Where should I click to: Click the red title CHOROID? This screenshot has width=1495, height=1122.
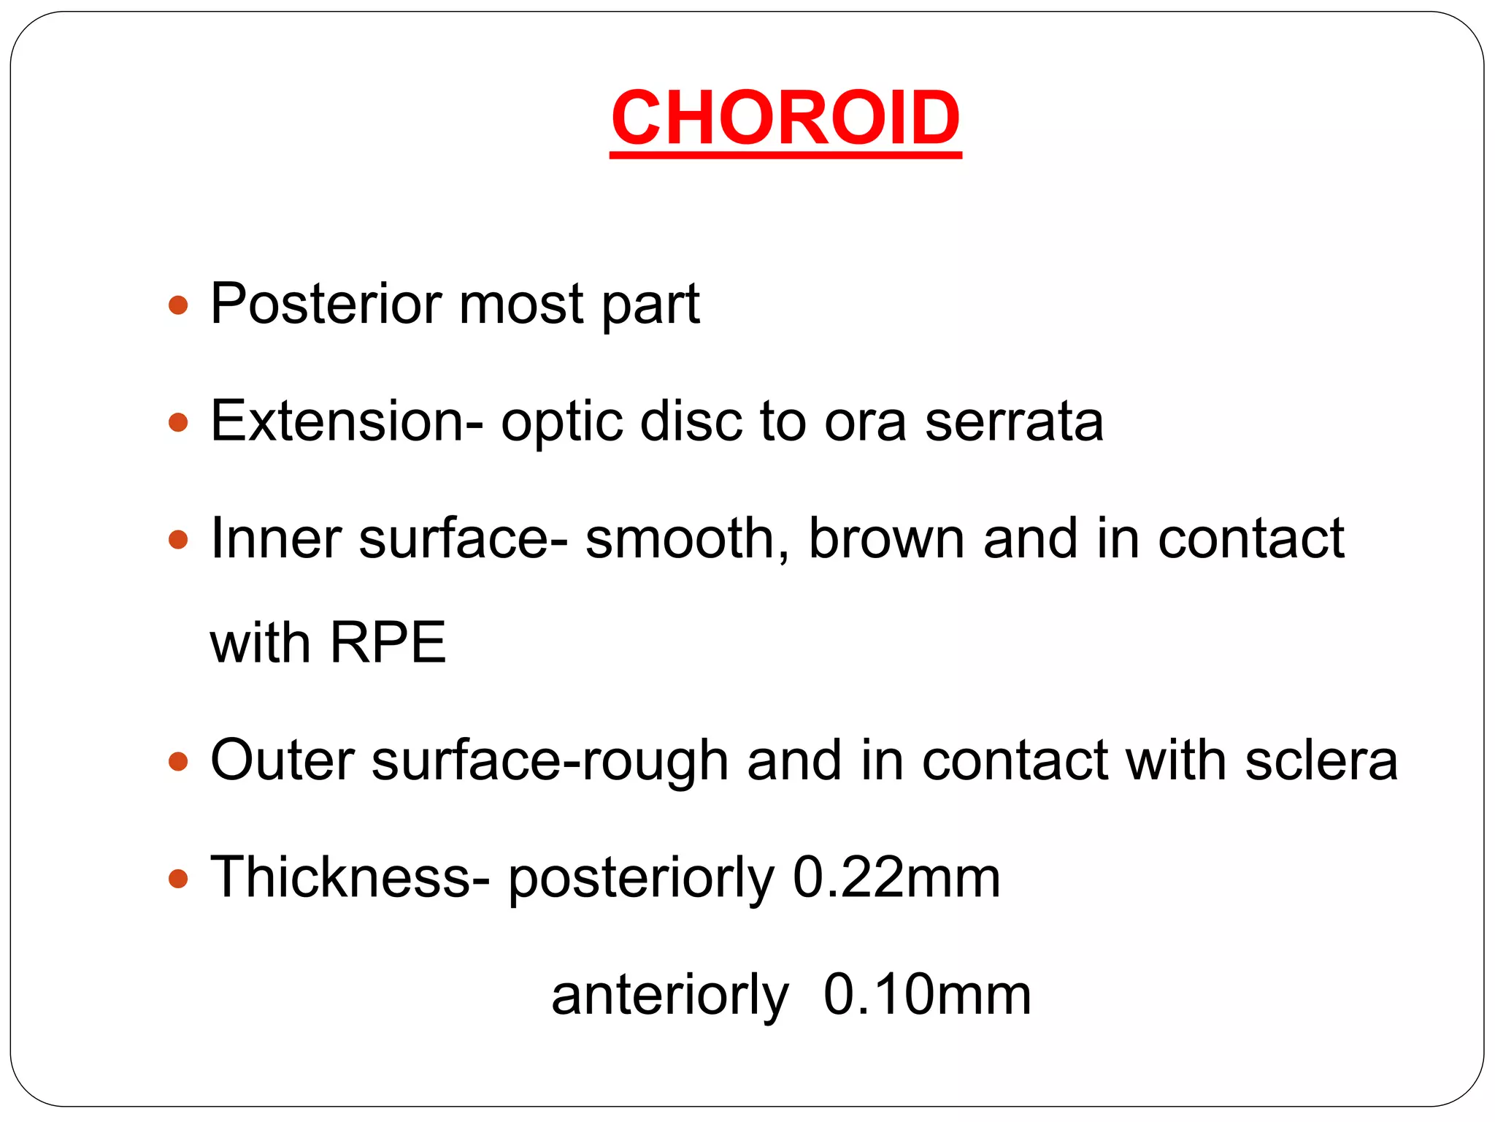coord(785,118)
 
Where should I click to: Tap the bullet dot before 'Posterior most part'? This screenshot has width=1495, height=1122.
coord(178,305)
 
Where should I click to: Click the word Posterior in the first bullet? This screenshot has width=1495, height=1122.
coord(326,304)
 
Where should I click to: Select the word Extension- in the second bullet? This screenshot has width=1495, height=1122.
coord(347,421)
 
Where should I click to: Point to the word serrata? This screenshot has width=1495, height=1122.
coord(1014,421)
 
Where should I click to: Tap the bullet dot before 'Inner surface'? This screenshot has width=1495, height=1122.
coord(178,540)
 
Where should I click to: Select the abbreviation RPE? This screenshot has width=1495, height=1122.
coord(388,644)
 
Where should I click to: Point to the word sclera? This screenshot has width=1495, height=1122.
coord(1321,760)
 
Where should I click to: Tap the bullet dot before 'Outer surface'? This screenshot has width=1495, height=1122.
coord(178,762)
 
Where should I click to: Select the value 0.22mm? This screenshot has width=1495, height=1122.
coord(896,877)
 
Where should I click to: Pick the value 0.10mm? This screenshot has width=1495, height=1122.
coord(927,995)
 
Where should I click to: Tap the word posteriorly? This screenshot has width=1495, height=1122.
coord(641,879)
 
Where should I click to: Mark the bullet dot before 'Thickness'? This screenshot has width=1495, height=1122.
coord(178,878)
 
